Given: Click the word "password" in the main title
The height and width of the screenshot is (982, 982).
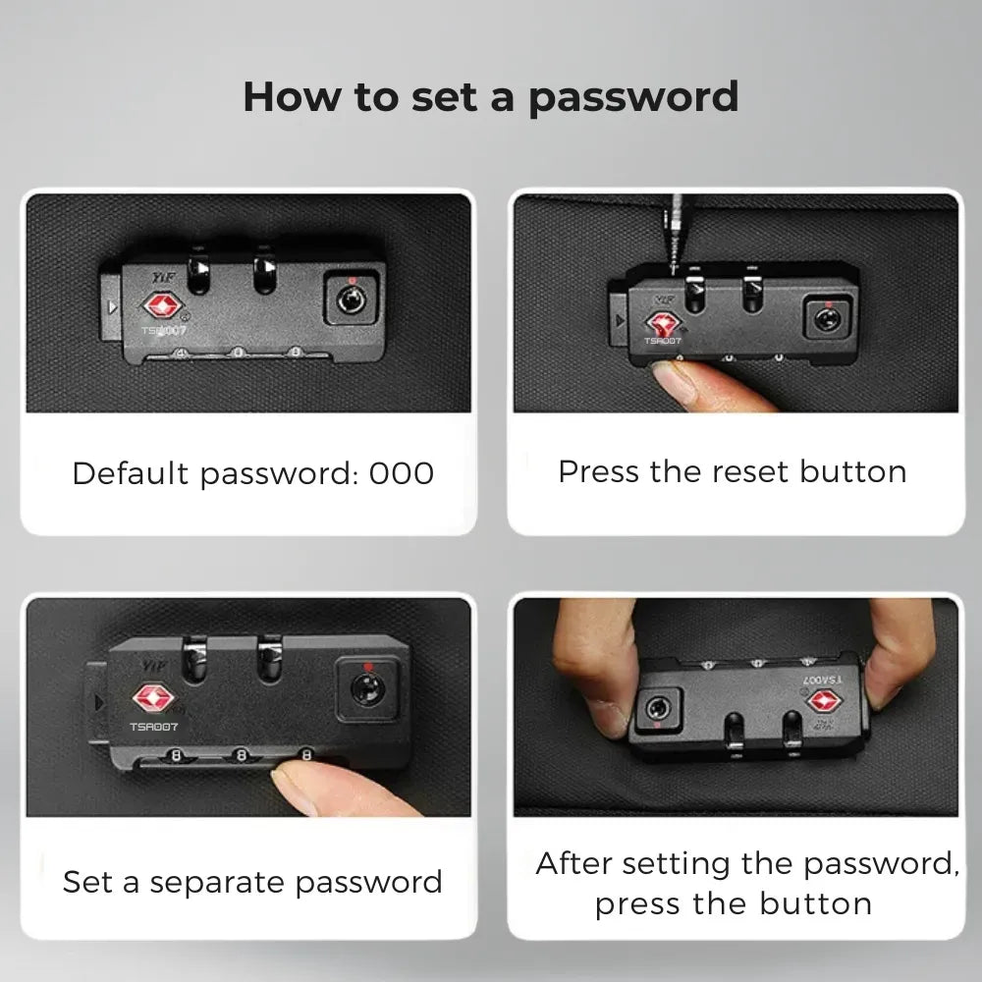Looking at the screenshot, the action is pos(633,97).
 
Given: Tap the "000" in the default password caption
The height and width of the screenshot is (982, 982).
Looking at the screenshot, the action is pos(402,473).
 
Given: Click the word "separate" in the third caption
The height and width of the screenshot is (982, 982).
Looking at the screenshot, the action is pos(217,884).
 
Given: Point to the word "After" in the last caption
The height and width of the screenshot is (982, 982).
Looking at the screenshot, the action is pos(573,863).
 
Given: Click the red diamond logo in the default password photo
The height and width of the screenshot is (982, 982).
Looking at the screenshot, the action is pos(163,306).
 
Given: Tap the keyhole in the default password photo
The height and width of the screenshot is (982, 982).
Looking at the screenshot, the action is pos(352,300).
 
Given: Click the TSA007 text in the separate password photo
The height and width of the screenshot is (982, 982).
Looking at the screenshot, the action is pos(154,727).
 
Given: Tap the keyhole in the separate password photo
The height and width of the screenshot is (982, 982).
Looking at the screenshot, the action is pos(366,687).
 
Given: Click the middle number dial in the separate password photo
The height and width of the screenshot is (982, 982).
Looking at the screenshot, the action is pos(242,756).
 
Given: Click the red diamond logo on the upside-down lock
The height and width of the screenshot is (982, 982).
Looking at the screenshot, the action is pos(824,701).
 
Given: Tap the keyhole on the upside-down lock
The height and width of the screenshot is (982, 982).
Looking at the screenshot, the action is pos(658,709).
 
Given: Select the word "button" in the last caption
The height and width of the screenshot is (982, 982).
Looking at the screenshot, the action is pos(815,903).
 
